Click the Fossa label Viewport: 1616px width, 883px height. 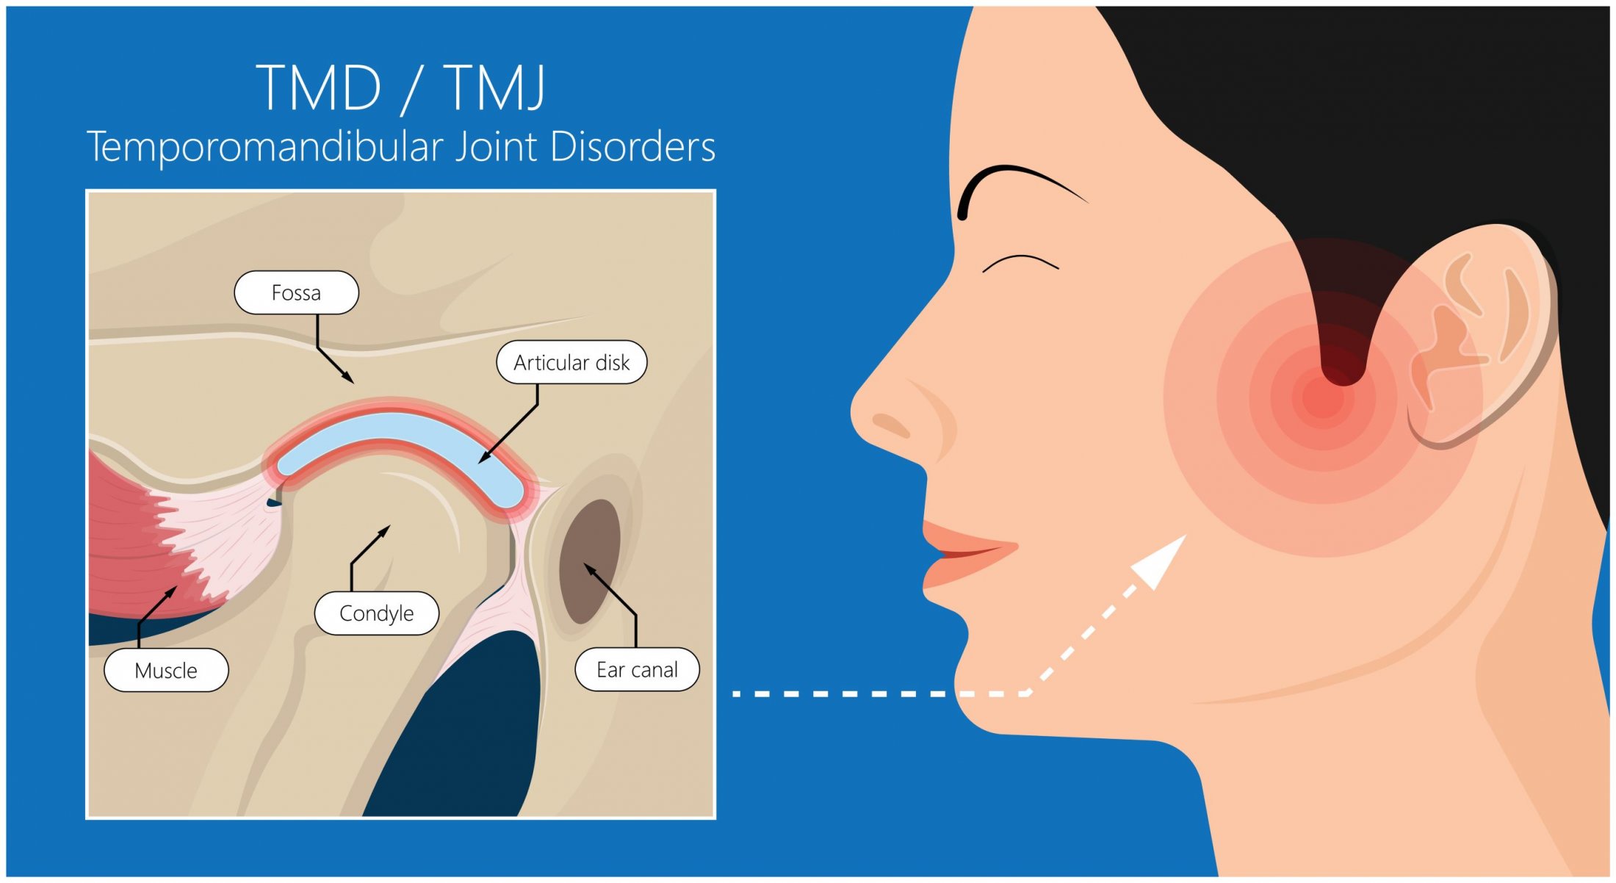click(296, 292)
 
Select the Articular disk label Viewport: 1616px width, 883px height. click(571, 362)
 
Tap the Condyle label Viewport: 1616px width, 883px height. click(376, 613)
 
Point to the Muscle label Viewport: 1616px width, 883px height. click(166, 670)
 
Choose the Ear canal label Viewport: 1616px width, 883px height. click(637, 669)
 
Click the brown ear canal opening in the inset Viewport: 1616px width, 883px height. click(590, 561)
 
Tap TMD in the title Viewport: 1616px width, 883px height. click(320, 87)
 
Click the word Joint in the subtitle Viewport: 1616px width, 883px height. click(497, 146)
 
